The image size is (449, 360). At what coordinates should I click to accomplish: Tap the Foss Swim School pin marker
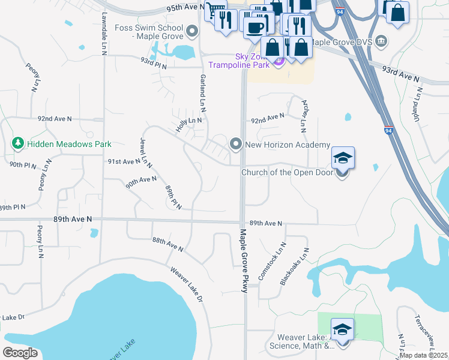(x=192, y=31)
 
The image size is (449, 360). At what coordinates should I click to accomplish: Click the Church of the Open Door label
(x=286, y=173)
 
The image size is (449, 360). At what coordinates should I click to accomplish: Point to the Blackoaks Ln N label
(x=294, y=266)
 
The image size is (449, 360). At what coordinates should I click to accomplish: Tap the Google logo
(x=20, y=353)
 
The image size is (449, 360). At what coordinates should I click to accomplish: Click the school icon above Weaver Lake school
(x=342, y=329)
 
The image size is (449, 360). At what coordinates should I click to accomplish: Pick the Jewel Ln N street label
(x=145, y=152)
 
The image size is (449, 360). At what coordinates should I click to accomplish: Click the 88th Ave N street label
(x=167, y=245)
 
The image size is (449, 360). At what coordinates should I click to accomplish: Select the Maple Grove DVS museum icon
(x=382, y=42)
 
